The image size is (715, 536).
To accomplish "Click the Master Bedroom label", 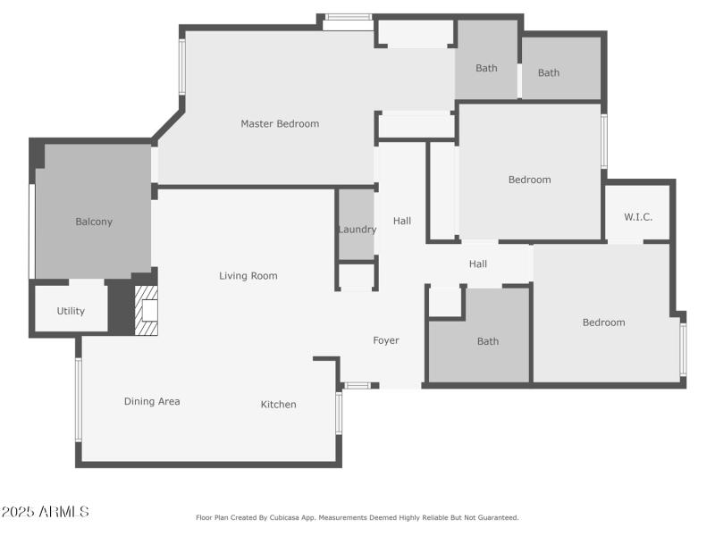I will tap(280, 123).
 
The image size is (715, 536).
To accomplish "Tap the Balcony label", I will tap(94, 222).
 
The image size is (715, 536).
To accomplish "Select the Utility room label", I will tap(71, 311).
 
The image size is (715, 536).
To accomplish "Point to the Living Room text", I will tap(248, 276).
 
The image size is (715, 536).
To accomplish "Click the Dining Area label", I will tap(152, 401).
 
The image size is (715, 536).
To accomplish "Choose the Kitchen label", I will tap(278, 405).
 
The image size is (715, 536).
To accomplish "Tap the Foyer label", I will tap(386, 340).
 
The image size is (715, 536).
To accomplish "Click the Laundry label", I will tap(357, 230).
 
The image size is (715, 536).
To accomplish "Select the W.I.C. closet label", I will tap(638, 216).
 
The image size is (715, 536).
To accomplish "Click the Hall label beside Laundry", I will tap(402, 221).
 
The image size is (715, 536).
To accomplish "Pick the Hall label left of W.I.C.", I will tap(478, 264).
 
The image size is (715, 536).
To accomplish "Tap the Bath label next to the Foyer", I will tap(488, 341).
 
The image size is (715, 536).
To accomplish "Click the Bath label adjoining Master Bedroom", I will tap(486, 68).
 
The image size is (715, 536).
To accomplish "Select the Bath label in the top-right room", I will tap(549, 72).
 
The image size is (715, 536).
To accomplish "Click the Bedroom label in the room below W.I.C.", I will tap(604, 322).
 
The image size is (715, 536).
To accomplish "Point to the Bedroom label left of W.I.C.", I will tap(530, 180).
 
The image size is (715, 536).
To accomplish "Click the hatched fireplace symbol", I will tap(146, 311).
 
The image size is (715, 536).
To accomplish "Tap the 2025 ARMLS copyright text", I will tap(45, 512).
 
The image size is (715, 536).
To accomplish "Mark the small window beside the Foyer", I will tap(357, 385).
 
